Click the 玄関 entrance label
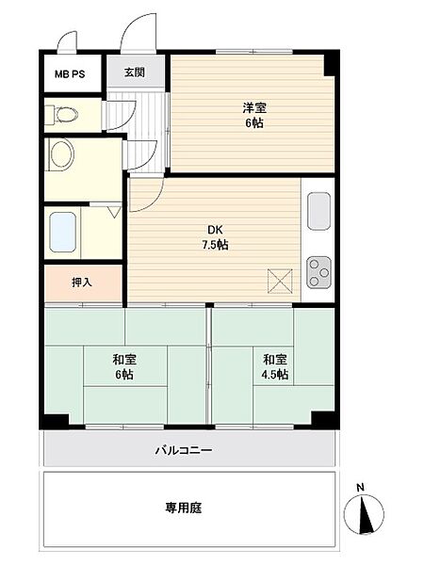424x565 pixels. point(134,73)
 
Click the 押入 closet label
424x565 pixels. point(82,282)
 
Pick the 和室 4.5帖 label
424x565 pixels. point(275,366)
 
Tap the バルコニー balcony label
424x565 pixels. point(185,450)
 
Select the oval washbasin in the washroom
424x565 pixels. point(61,154)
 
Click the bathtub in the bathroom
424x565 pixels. point(63,231)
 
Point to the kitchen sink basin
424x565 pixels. point(318,210)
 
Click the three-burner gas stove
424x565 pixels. point(318,270)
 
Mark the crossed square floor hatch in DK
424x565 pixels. point(280,280)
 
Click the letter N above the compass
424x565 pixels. point(362,487)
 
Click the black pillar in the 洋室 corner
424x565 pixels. point(330,63)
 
